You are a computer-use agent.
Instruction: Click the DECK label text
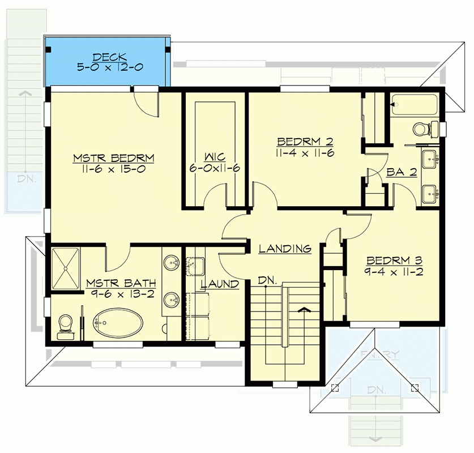tap(109, 57)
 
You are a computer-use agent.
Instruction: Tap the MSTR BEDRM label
tap(114, 157)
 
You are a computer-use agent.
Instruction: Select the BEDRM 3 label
tap(395, 261)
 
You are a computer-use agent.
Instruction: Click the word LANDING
tap(285, 249)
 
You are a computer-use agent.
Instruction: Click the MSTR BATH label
tap(121, 282)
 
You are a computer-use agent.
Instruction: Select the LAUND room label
tap(219, 284)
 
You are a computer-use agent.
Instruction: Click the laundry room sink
tap(196, 264)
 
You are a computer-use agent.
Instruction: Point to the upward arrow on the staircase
tap(305, 310)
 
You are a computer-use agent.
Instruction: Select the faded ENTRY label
tap(379, 355)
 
